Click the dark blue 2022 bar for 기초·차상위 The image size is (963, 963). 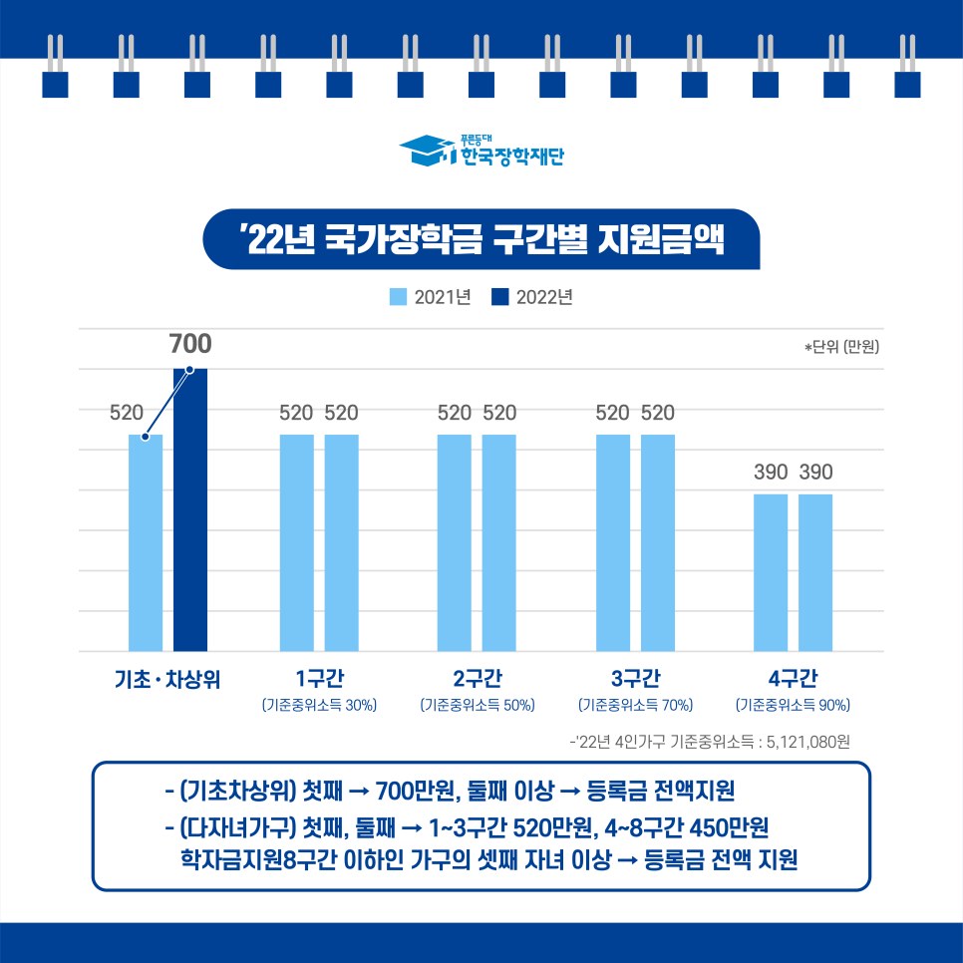[190, 509]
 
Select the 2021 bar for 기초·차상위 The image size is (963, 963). [146, 543]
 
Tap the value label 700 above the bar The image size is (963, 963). [189, 345]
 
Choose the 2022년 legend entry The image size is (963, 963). [532, 296]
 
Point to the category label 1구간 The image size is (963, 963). [318, 680]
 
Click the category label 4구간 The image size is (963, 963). [793, 680]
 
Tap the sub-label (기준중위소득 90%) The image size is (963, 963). [793, 706]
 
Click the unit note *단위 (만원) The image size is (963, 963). [842, 348]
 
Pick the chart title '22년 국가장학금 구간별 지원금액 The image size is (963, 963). [481, 239]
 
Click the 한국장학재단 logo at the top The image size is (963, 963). [481, 152]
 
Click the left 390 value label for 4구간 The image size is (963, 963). [771, 473]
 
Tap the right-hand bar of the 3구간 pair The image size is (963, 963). [658, 543]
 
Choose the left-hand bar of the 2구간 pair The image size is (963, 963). [455, 543]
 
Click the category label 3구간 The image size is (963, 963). [636, 680]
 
